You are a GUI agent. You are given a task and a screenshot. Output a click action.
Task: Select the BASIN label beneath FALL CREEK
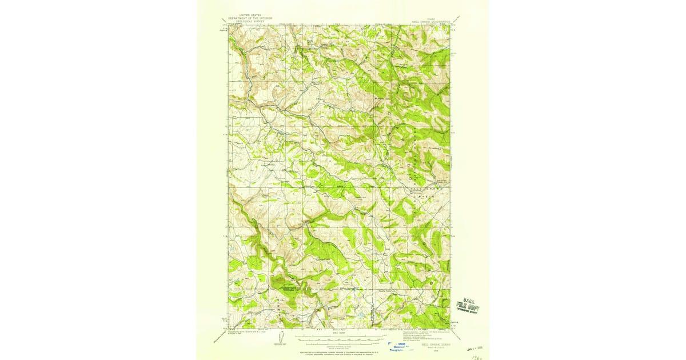click(x=422, y=194)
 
